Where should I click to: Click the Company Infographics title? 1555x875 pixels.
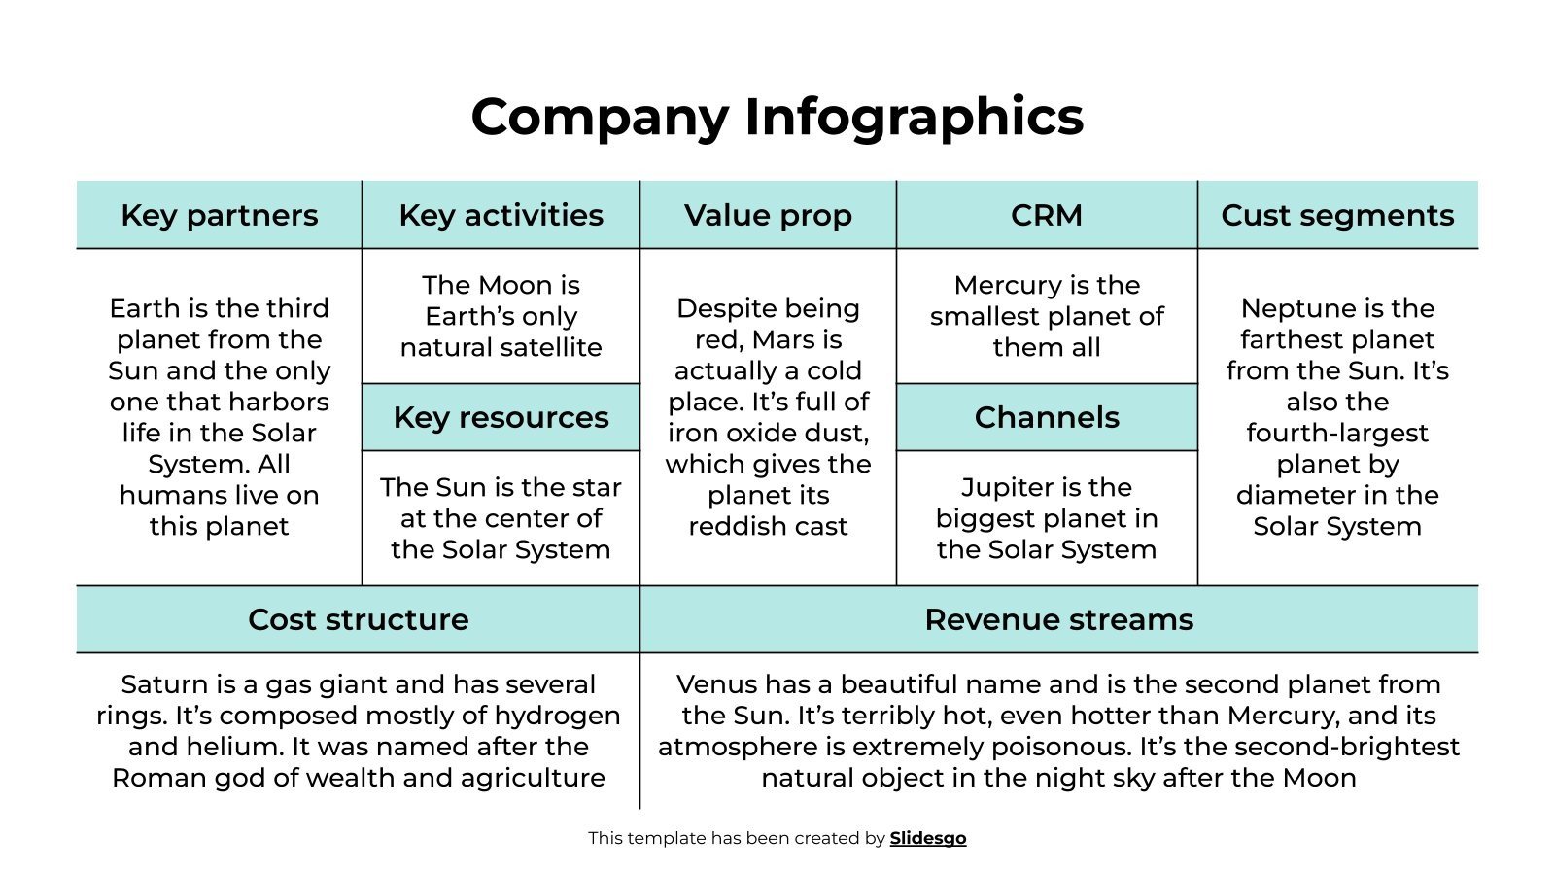pyautogui.click(x=777, y=117)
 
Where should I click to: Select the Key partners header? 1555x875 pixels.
pyautogui.click(x=219, y=215)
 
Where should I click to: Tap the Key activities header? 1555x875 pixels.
pyautogui.click(x=501, y=215)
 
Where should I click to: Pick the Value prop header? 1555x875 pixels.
pyautogui.click(x=768, y=215)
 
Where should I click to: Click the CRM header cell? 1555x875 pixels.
pyautogui.click(x=1046, y=215)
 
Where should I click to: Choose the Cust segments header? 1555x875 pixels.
pyautogui.click(x=1337, y=215)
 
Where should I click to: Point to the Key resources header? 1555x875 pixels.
pyautogui.click(x=501, y=417)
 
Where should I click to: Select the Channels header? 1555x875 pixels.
pyautogui.click(x=1047, y=417)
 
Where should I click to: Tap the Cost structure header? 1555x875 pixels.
pyautogui.click(x=358, y=619)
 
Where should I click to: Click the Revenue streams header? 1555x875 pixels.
pyautogui.click(x=1058, y=619)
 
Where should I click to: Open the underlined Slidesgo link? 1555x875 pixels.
pyautogui.click(x=928, y=838)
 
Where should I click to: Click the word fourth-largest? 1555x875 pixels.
pyautogui.click(x=1337, y=433)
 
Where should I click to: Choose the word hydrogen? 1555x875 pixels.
pyautogui.click(x=557, y=716)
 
